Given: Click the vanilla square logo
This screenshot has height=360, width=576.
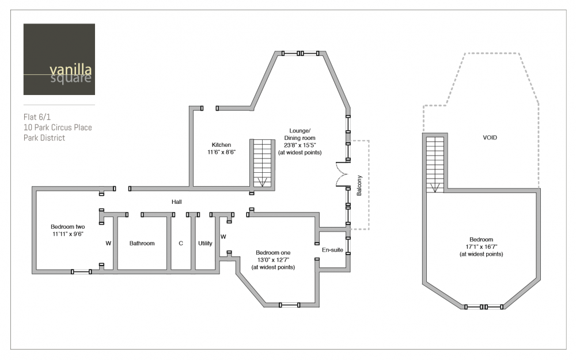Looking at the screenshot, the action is pyautogui.click(x=59, y=59).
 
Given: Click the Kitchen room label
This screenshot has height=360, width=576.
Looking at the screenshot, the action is pyautogui.click(x=221, y=145).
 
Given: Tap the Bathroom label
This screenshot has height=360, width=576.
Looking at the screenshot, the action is pyautogui.click(x=142, y=243).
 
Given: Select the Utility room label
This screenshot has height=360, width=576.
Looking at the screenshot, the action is pyautogui.click(x=205, y=243).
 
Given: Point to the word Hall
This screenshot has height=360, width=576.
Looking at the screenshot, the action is pyautogui.click(x=176, y=202).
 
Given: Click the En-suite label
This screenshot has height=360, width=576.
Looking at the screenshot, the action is pyautogui.click(x=332, y=250).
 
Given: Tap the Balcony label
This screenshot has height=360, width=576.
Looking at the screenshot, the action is pyautogui.click(x=359, y=185).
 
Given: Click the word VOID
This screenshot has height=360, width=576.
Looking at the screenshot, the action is pyautogui.click(x=490, y=138).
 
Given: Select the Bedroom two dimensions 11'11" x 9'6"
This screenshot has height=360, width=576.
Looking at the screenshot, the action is pyautogui.click(x=68, y=234).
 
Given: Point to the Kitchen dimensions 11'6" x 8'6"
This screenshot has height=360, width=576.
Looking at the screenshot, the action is pyautogui.click(x=222, y=152).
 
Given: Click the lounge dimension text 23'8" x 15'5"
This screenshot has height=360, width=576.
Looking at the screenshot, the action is pyautogui.click(x=300, y=145).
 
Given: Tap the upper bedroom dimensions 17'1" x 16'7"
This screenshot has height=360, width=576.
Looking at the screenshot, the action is pyautogui.click(x=481, y=247).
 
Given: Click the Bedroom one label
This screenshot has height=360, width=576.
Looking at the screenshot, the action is pyautogui.click(x=273, y=253).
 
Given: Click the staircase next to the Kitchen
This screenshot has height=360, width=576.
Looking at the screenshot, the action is pyautogui.click(x=262, y=164).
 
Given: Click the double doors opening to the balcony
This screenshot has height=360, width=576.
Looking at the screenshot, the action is pyautogui.click(x=342, y=175).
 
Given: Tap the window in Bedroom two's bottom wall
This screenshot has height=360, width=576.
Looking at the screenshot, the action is pyautogui.click(x=81, y=272).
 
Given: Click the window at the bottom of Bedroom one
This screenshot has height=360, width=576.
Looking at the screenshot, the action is pyautogui.click(x=289, y=305).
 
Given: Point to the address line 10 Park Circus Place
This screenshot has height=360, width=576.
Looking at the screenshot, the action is pyautogui.click(x=58, y=127).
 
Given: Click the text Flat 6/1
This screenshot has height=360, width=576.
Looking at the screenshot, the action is pyautogui.click(x=37, y=117).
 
